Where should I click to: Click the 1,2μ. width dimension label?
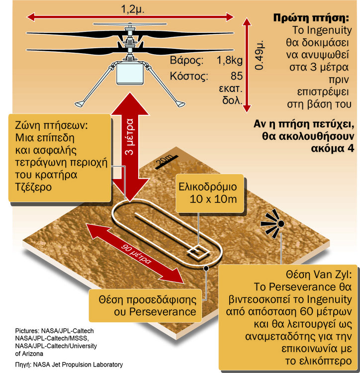[x=132, y=9]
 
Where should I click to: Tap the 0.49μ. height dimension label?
[x=259, y=55]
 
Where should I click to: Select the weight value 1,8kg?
[x=229, y=60]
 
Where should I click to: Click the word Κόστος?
[x=189, y=76]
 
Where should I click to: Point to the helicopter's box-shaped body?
[x=130, y=73]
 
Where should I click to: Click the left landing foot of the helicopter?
[x=80, y=104]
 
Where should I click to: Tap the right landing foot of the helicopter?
[x=180, y=104]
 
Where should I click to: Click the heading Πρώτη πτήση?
[x=311, y=18]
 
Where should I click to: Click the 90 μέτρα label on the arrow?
[x=136, y=254]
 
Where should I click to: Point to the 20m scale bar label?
[x=165, y=160]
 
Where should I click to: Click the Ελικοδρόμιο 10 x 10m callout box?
[x=210, y=193]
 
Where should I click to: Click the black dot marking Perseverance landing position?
[x=206, y=268]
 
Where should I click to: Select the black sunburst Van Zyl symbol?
[x=272, y=223]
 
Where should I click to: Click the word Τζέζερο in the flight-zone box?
[x=33, y=187]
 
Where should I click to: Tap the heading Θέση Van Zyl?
[x=319, y=275]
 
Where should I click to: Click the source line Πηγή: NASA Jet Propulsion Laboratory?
[x=69, y=365]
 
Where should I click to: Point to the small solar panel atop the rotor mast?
[x=130, y=24]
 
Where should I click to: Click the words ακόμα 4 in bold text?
[x=333, y=148]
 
